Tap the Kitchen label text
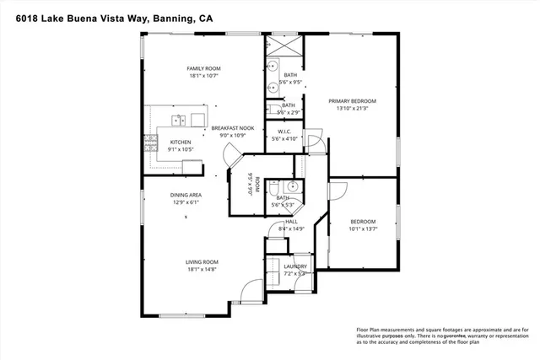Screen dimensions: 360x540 pyautogui.click(x=181, y=142)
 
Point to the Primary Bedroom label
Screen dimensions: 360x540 pyautogui.click(x=352, y=100)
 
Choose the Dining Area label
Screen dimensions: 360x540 pyautogui.click(x=185, y=195)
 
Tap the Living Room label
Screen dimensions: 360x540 pyautogui.click(x=202, y=262)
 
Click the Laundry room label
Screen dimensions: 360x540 pyautogui.click(x=295, y=266)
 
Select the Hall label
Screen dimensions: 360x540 pyautogui.click(x=290, y=222)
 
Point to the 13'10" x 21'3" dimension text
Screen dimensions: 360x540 pyautogui.click(x=352, y=108)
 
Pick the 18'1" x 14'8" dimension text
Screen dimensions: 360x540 pyautogui.click(x=202, y=270)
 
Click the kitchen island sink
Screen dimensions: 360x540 pyautogui.click(x=178, y=117)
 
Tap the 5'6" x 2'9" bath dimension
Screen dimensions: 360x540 pyautogui.click(x=289, y=112)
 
